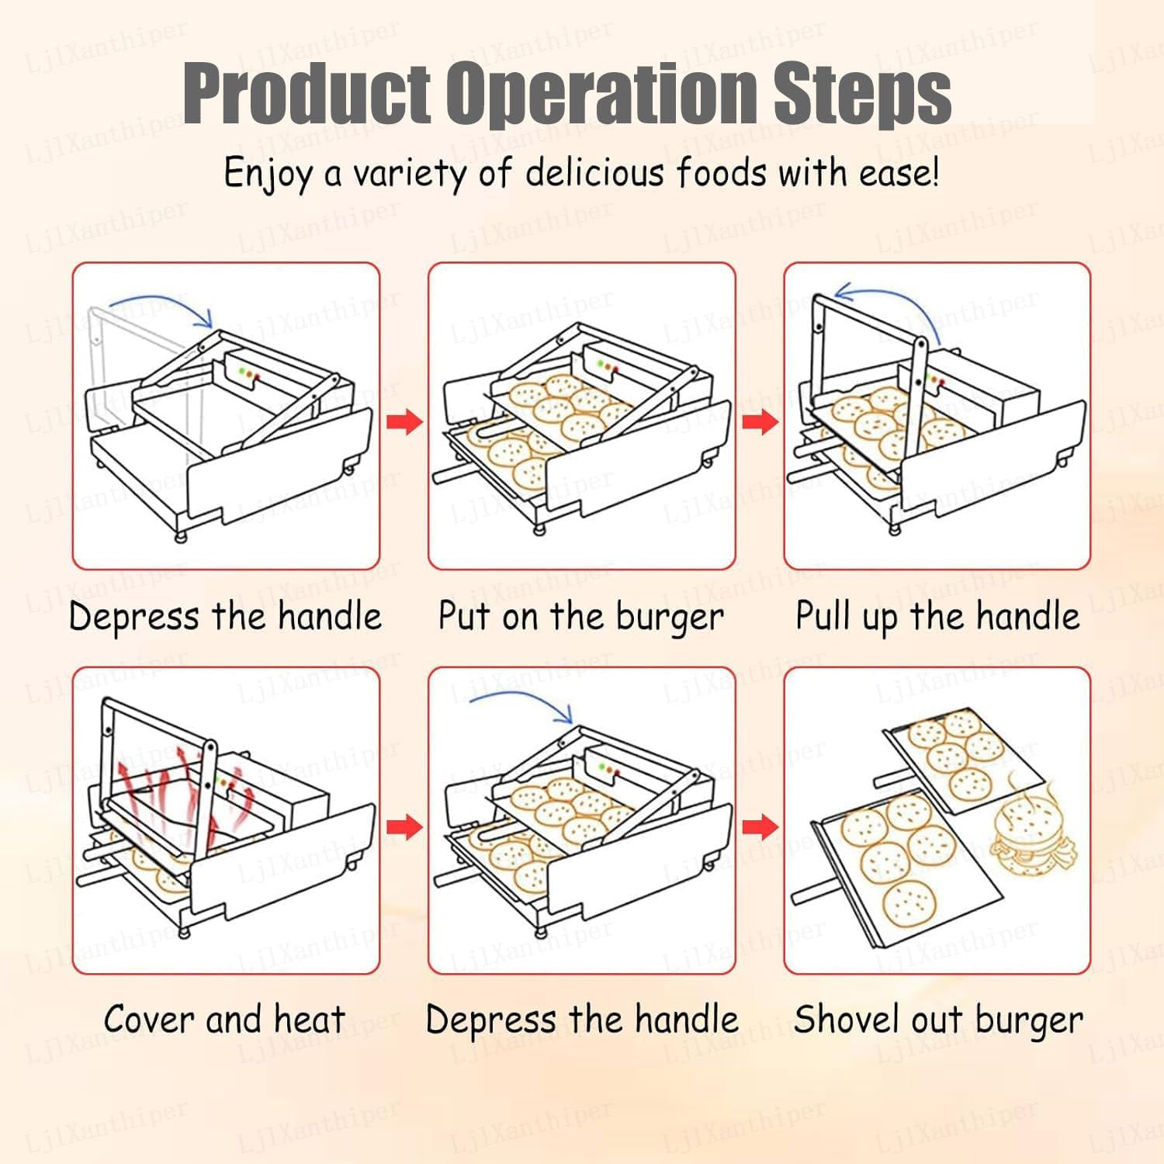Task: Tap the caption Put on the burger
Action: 580,617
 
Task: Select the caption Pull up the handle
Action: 937,617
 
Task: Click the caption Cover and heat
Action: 225,1019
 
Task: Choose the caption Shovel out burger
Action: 937,1020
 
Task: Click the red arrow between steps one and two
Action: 404,422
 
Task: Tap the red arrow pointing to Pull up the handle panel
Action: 760,422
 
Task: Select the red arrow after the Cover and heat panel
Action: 404,826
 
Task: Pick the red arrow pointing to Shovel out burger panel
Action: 760,826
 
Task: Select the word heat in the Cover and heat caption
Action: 310,1019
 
